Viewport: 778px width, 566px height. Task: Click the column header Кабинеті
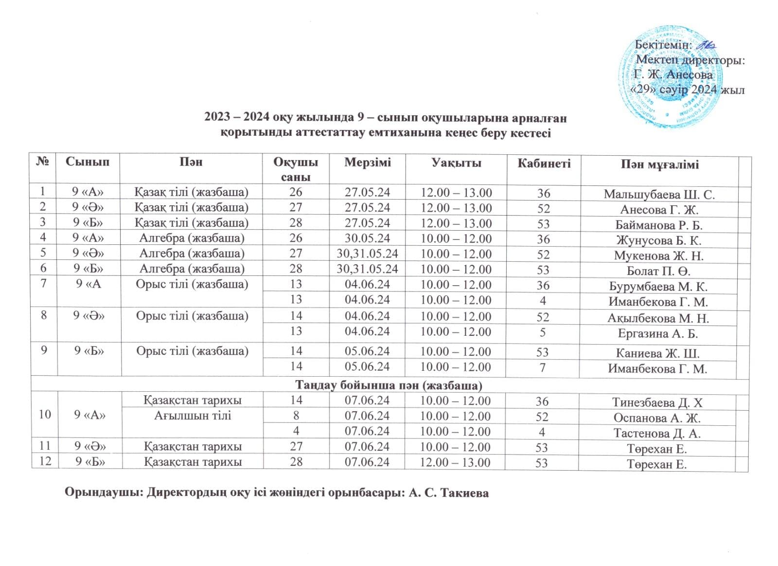[x=544, y=163]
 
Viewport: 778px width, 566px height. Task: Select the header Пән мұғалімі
[x=659, y=164]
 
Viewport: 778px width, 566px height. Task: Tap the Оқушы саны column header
[x=296, y=169]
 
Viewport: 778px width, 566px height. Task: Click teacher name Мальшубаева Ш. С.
[x=659, y=194]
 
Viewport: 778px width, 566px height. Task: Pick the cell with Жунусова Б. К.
[x=659, y=240]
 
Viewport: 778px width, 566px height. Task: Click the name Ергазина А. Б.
[x=659, y=333]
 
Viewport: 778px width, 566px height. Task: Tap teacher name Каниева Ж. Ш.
[x=659, y=353]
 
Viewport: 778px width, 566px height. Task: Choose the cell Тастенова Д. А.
[x=659, y=433]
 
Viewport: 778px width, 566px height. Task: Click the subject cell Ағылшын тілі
[x=193, y=416]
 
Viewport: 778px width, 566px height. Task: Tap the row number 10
[x=45, y=415]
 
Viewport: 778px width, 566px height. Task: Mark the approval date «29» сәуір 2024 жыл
[x=688, y=91]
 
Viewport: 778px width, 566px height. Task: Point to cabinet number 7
[x=543, y=368]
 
